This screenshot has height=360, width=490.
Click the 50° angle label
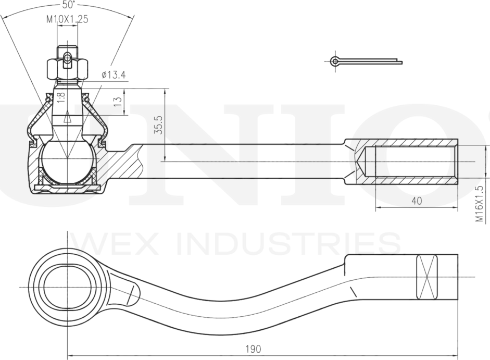click(x=68, y=4)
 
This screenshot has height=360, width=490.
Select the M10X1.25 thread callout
click(x=68, y=19)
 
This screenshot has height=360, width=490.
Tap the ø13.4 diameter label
click(x=114, y=75)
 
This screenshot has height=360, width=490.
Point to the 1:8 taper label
click(x=61, y=97)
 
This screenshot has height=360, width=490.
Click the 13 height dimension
click(x=118, y=101)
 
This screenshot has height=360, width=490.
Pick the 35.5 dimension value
click(x=159, y=125)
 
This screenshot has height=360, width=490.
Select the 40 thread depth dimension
click(x=417, y=201)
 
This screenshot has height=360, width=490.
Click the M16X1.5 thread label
click(x=480, y=204)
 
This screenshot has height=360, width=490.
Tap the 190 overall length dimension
click(x=253, y=349)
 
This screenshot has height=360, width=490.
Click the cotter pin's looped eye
click(x=335, y=60)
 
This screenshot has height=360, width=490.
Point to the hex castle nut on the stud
click(x=67, y=69)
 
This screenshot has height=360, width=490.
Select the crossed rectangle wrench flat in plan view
click(x=427, y=277)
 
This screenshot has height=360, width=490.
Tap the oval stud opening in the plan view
click(x=67, y=287)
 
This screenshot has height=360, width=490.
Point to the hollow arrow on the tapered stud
click(x=67, y=118)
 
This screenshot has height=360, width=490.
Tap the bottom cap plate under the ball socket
click(x=67, y=188)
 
